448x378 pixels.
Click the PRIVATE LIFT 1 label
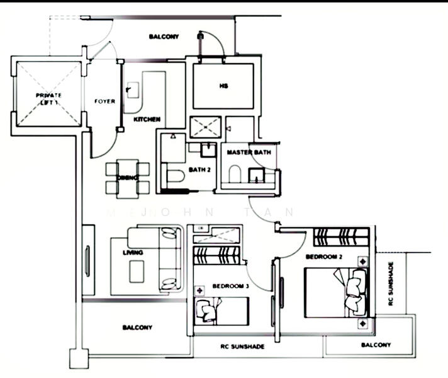point(48,98)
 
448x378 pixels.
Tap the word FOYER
point(104,101)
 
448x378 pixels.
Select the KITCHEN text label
point(147,119)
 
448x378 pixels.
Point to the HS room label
point(223,86)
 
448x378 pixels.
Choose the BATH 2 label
point(198,170)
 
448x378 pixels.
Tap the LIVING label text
point(133,253)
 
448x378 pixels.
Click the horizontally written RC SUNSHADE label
point(242,347)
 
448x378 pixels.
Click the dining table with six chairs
point(127,178)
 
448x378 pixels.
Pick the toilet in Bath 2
point(172,177)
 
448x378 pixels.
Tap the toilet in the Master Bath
point(234,173)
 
